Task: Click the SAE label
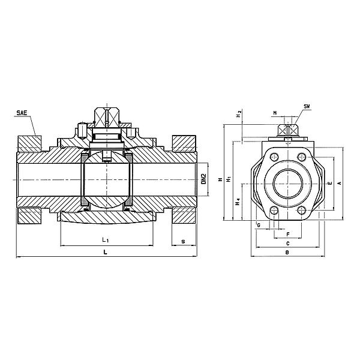(x=22, y=113)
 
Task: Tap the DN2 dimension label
(x=203, y=179)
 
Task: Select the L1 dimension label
(x=106, y=240)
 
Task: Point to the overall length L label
(x=105, y=252)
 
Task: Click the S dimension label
(x=183, y=242)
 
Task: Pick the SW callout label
(x=307, y=106)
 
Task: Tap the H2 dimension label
(x=239, y=114)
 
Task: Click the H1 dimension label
(x=229, y=179)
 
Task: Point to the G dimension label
(x=259, y=225)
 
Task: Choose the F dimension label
(x=288, y=235)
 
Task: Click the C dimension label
(x=287, y=243)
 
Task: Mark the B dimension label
(x=287, y=253)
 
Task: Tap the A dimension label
(x=340, y=183)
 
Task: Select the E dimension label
(x=330, y=183)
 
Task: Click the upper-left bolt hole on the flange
(x=275, y=157)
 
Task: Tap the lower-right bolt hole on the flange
(x=301, y=210)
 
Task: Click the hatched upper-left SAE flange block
(x=29, y=144)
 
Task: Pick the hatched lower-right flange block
(x=184, y=215)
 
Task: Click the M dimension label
(x=275, y=113)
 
